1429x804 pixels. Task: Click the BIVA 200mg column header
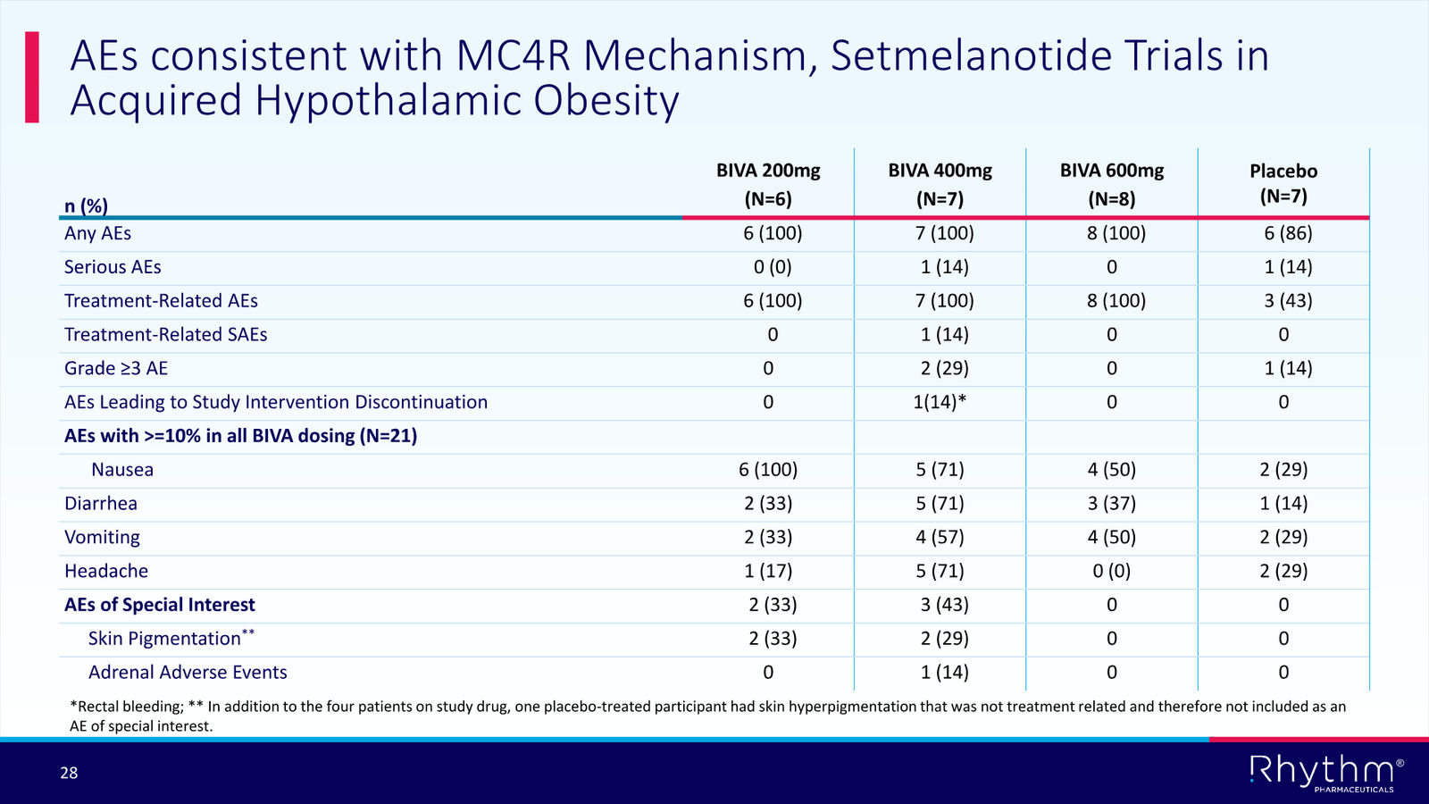tap(768, 184)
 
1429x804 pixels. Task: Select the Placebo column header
tap(1283, 183)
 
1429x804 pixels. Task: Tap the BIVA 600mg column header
tap(1112, 184)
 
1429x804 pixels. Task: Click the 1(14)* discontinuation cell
tap(940, 402)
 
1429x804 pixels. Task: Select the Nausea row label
tap(122, 470)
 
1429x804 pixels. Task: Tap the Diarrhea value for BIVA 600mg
tap(1112, 504)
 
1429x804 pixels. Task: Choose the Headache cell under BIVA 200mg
tap(768, 571)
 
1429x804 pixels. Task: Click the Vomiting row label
tap(102, 537)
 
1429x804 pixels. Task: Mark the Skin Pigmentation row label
tap(171, 638)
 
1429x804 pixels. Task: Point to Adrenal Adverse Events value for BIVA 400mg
tap(944, 672)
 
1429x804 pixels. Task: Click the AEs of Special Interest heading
tap(160, 604)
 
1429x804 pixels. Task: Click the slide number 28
tap(69, 774)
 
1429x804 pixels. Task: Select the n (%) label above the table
tap(86, 205)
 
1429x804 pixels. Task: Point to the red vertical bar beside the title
tap(32, 77)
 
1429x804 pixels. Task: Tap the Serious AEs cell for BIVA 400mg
tap(944, 267)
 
